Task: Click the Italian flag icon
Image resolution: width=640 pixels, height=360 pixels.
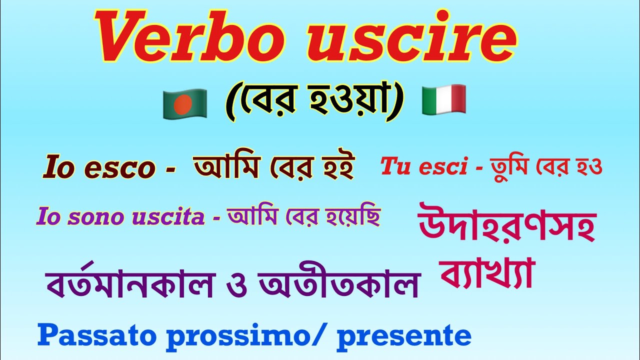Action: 444,98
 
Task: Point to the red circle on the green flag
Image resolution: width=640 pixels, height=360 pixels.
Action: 183,103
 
